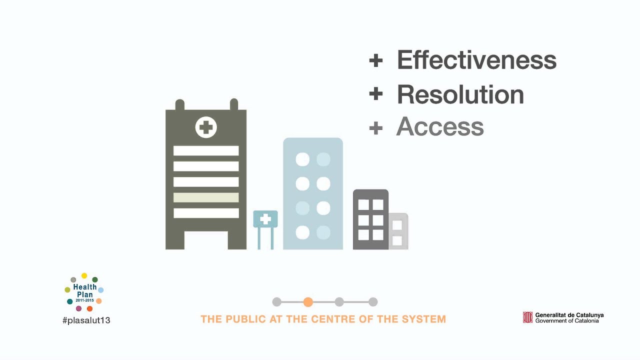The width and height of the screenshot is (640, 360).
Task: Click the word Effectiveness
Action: (476, 60)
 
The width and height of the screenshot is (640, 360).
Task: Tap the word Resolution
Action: (460, 94)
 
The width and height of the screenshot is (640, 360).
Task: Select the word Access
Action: (440, 127)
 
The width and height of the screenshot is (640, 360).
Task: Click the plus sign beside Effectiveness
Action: (375, 60)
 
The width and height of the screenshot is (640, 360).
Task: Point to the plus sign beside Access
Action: (375, 128)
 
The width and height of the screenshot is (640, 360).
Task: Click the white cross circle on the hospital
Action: (206, 127)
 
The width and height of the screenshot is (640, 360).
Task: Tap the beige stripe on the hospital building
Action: (206, 197)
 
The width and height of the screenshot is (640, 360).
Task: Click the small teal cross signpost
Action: (265, 219)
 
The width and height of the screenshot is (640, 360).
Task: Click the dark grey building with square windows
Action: (370, 219)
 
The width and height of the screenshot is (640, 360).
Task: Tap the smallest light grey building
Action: (398, 231)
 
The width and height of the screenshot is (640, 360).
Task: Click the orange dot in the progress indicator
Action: (308, 302)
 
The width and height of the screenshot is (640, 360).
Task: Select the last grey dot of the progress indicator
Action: (373, 302)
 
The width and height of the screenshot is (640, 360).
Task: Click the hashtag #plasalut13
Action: (86, 320)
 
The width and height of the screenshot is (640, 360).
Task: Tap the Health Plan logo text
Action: (84, 291)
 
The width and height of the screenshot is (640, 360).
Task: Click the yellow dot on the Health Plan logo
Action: (84, 276)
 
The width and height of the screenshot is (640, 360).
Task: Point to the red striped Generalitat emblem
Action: (527, 317)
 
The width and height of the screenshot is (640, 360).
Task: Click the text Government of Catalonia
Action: (566, 321)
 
